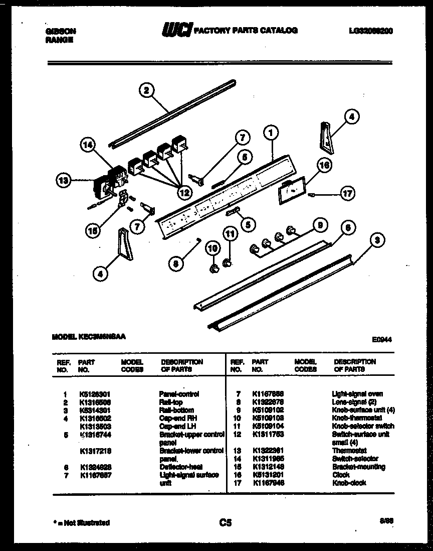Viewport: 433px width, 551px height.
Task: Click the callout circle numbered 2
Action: pyautogui.click(x=146, y=90)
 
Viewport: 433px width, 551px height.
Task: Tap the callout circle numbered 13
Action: pyautogui.click(x=64, y=181)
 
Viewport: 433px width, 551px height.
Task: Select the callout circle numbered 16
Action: pyautogui.click(x=324, y=165)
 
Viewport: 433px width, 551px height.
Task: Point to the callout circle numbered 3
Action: pyautogui.click(x=377, y=241)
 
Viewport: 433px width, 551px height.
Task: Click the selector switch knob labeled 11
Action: pyautogui.click(x=228, y=262)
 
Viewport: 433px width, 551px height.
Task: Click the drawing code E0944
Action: pyautogui.click(x=381, y=340)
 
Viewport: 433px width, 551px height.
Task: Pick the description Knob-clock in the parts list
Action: pyautogui.click(x=349, y=483)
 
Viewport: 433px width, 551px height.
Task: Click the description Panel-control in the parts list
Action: pyautogui.click(x=179, y=394)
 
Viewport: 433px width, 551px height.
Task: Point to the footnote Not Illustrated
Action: pyautogui.click(x=82, y=523)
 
